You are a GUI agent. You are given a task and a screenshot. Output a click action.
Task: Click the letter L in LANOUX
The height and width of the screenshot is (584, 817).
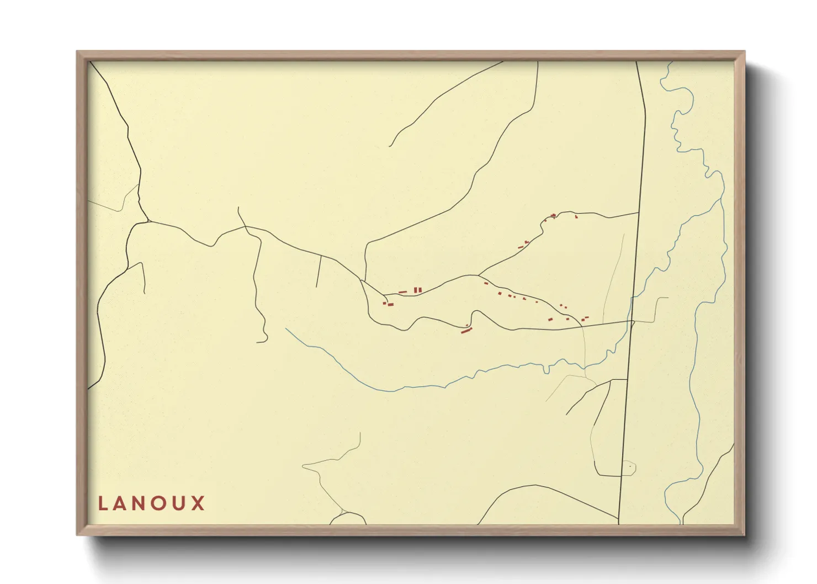(x=103, y=503)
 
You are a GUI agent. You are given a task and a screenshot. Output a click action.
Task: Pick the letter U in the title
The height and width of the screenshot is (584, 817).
(x=180, y=503)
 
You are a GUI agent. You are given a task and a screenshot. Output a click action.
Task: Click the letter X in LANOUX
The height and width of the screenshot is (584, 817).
(x=198, y=503)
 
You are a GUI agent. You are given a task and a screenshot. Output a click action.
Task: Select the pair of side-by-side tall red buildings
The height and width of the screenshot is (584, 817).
(x=418, y=290)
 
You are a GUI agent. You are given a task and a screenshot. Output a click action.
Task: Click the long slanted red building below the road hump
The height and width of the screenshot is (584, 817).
(x=467, y=331)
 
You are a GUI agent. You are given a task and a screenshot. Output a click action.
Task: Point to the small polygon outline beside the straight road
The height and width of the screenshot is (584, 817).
(x=629, y=468)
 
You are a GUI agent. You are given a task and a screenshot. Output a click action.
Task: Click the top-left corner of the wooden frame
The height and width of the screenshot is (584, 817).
(x=78, y=52)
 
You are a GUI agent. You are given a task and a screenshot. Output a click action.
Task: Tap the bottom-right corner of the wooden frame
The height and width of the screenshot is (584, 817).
(x=743, y=534)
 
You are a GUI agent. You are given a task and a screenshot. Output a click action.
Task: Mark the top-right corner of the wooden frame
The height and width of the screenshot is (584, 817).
(x=743, y=52)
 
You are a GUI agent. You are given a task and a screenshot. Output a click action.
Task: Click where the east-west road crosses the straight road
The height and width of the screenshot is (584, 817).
(x=633, y=321)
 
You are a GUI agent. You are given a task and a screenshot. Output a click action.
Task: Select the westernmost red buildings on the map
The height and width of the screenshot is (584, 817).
(x=389, y=304)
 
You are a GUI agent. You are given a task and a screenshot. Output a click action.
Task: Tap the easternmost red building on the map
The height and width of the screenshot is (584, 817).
(x=585, y=318)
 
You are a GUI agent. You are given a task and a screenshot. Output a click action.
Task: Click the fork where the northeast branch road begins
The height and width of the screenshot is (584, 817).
(x=478, y=275)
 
